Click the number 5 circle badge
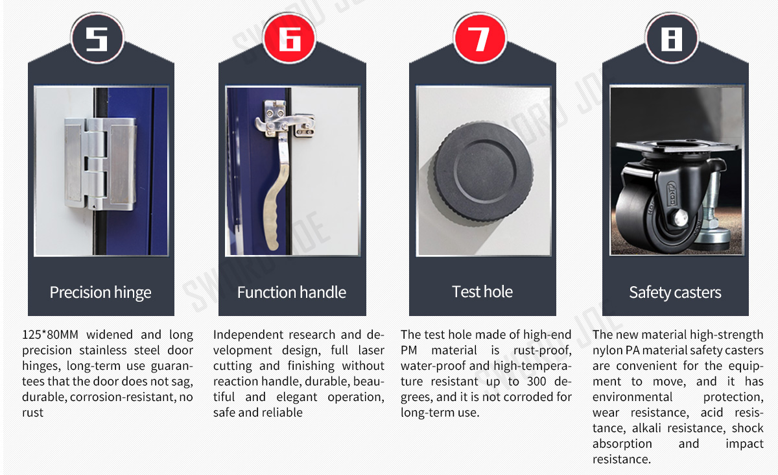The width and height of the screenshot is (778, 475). pos(97,38)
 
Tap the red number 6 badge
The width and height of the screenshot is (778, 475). pos(289,38)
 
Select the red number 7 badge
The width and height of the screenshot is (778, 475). pos(480,38)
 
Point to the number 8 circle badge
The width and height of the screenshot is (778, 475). pos(672,38)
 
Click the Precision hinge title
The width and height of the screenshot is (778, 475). pos(100,293)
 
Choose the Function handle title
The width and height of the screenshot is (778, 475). pos(291,293)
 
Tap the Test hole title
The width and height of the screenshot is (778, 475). pos(482,292)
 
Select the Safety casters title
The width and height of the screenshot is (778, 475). pos(675,293)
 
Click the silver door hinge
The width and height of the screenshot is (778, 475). pos(100,164)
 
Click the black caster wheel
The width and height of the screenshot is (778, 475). pos(653,215)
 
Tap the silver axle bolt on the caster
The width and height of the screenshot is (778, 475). pos(679,217)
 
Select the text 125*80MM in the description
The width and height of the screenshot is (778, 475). pos(50,335)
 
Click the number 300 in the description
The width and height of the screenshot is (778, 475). pos(536,382)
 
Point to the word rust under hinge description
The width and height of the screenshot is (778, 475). pos(32,413)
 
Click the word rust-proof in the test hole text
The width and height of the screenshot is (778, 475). pos(543,350)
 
